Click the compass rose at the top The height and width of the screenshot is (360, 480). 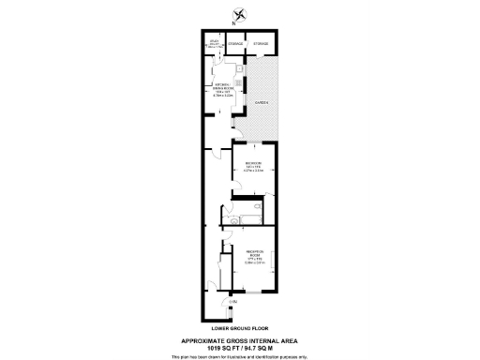[x=240, y=13]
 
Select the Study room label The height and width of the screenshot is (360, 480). [x=215, y=44]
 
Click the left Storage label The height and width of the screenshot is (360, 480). [x=236, y=44]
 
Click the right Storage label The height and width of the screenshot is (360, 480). [x=261, y=44]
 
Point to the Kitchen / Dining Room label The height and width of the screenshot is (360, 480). [x=221, y=90]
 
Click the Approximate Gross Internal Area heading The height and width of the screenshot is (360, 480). [x=239, y=339]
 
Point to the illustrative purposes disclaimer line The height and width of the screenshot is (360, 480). [x=239, y=355]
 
